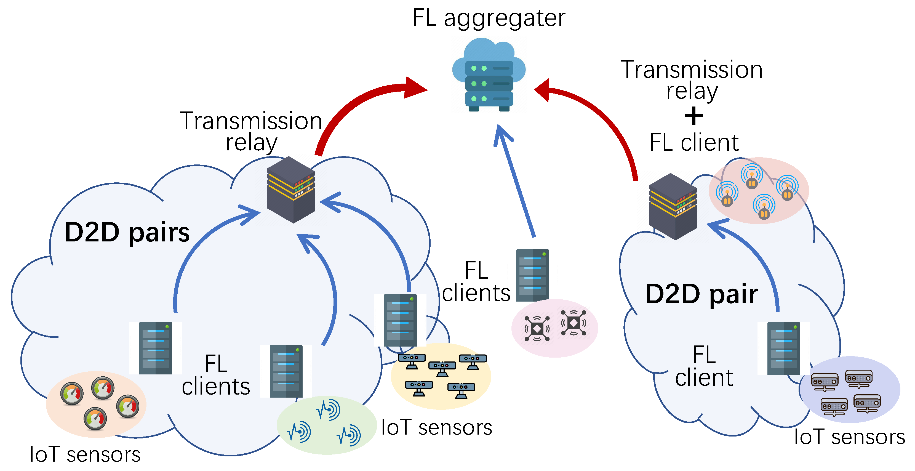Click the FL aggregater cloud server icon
(489, 76)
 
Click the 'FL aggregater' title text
(489, 18)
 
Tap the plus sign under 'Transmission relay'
(693, 116)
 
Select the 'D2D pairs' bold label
(127, 233)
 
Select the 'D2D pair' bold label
(701, 294)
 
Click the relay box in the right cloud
(673, 207)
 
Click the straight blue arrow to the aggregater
(515, 181)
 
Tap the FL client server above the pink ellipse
(532, 275)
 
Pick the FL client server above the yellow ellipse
(400, 320)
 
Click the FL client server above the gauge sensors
(156, 348)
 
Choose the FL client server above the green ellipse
(286, 371)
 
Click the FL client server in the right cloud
(784, 348)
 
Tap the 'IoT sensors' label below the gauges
(85, 455)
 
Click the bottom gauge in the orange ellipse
(95, 418)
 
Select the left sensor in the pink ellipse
(537, 329)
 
